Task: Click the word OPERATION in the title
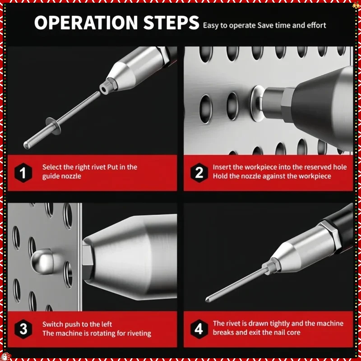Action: [x=86, y=23]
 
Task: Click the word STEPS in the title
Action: [x=171, y=23]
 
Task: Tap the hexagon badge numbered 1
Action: [x=23, y=173]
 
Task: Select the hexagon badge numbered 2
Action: [x=199, y=173]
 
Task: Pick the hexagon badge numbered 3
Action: [x=23, y=329]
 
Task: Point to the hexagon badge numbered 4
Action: [x=199, y=329]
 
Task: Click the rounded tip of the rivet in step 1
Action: [x=26, y=145]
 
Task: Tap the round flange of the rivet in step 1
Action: [x=53, y=126]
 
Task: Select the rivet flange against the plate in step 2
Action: [x=258, y=103]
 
